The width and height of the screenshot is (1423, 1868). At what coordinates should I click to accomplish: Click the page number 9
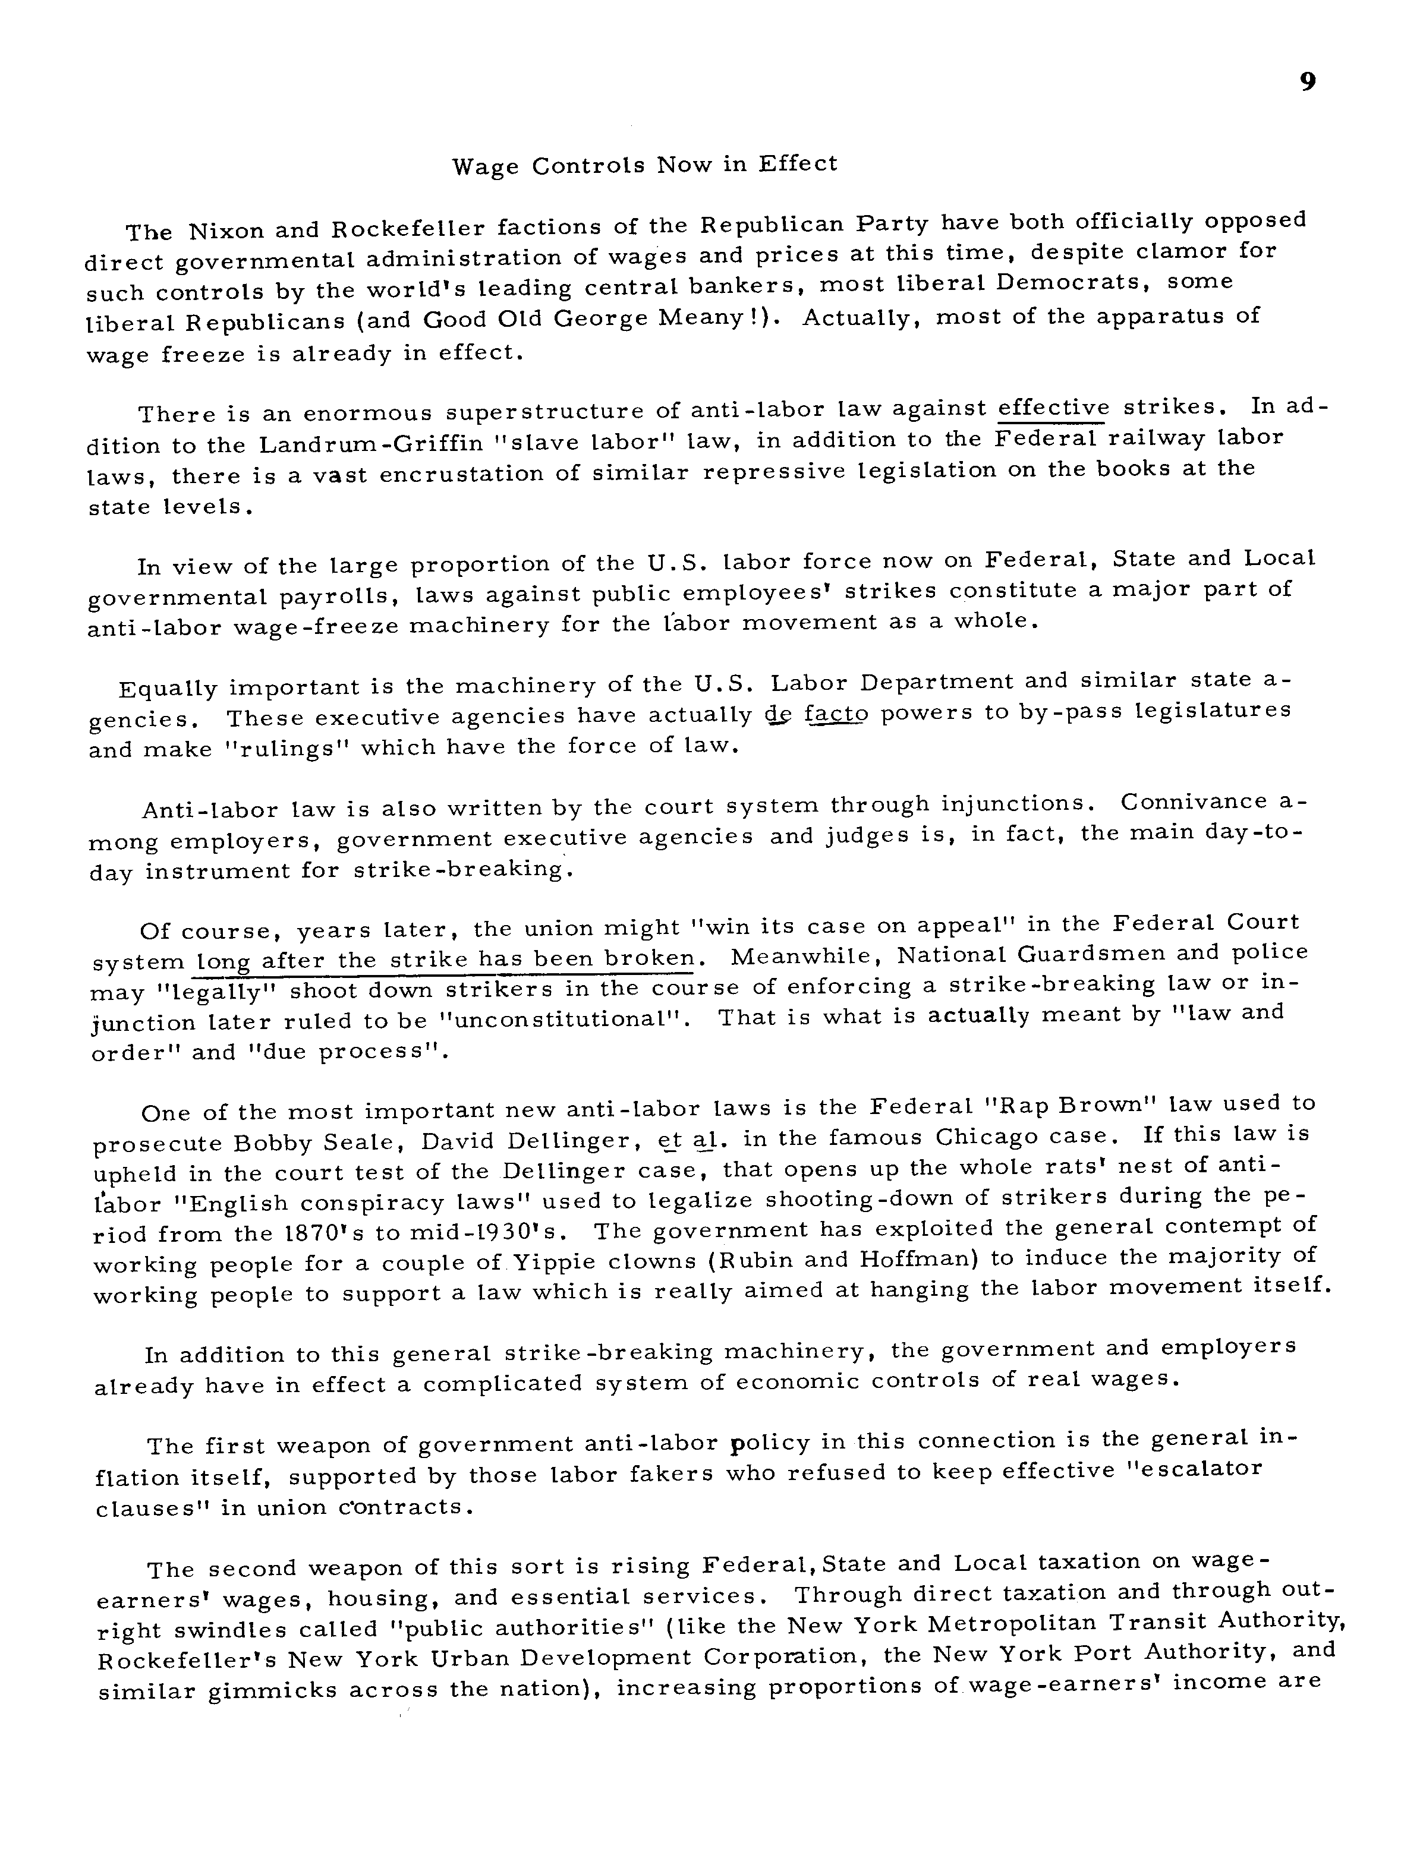pos(1307,81)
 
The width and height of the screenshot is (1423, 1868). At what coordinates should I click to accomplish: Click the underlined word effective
pos(1053,408)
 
